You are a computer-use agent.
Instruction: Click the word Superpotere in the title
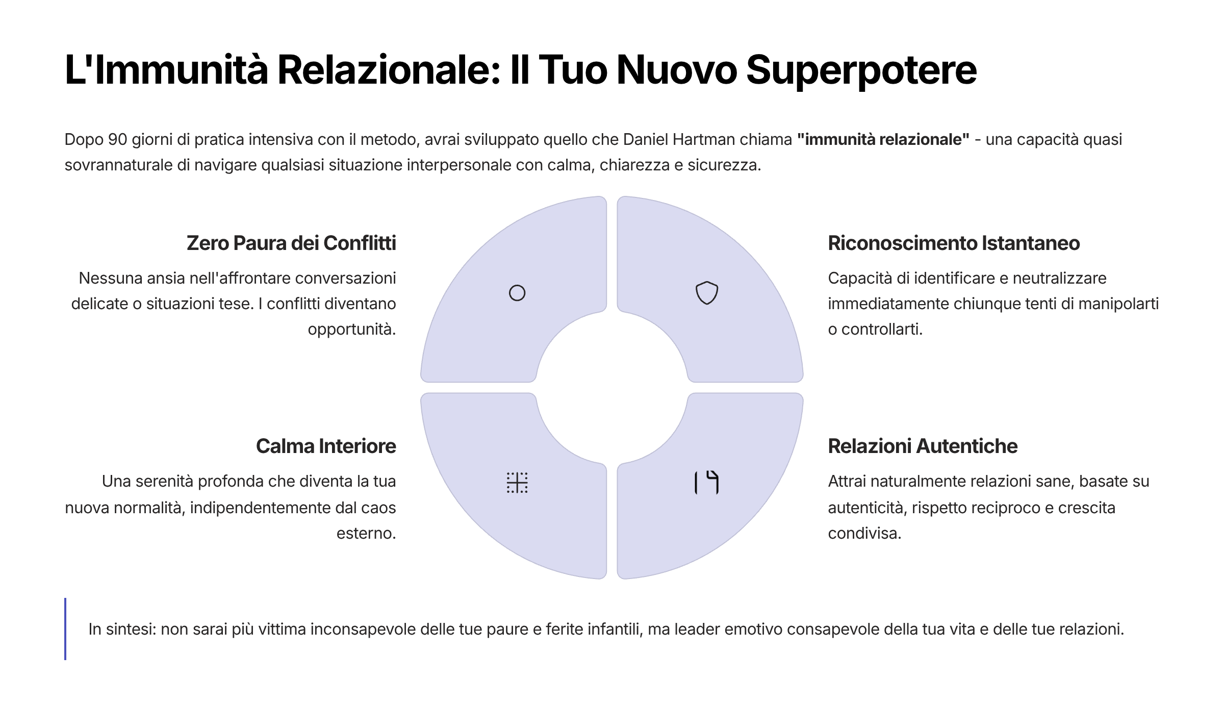tap(861, 70)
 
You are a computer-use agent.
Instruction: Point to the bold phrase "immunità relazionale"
tap(883, 139)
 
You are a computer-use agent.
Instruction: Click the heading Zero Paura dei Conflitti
tap(291, 243)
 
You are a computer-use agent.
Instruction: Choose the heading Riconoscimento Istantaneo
tap(954, 243)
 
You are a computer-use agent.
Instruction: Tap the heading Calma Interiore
tap(326, 446)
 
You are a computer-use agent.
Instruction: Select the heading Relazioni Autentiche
tap(923, 446)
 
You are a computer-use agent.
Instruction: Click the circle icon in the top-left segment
tap(517, 293)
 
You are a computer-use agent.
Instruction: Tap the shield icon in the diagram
tap(707, 293)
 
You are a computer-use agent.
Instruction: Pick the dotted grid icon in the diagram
tap(517, 483)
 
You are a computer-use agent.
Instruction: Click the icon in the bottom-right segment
tap(707, 483)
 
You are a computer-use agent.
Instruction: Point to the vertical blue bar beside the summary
tap(65, 628)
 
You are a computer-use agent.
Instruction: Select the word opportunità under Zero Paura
tap(352, 329)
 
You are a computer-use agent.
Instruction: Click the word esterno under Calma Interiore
tap(366, 533)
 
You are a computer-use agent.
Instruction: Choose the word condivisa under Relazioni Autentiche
tap(864, 533)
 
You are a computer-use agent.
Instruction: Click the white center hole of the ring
tap(612, 388)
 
